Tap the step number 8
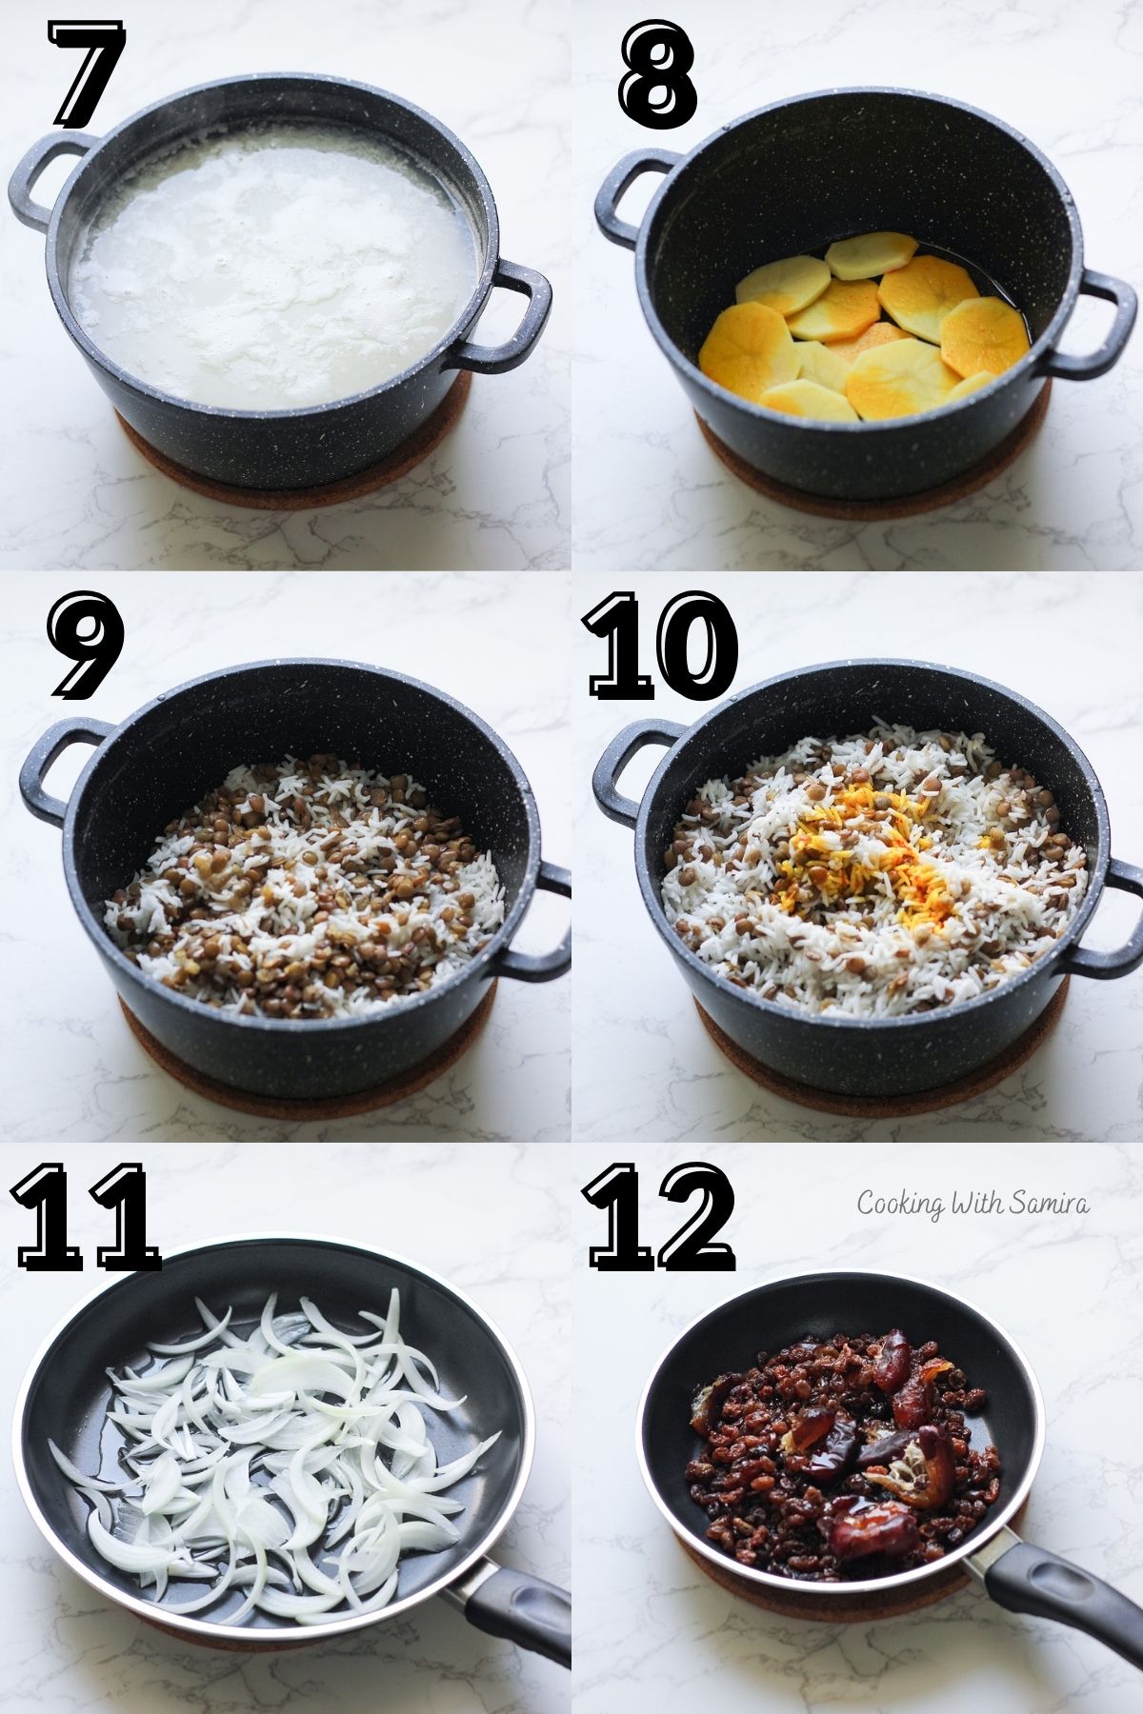tap(657, 76)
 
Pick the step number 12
tap(662, 1219)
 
